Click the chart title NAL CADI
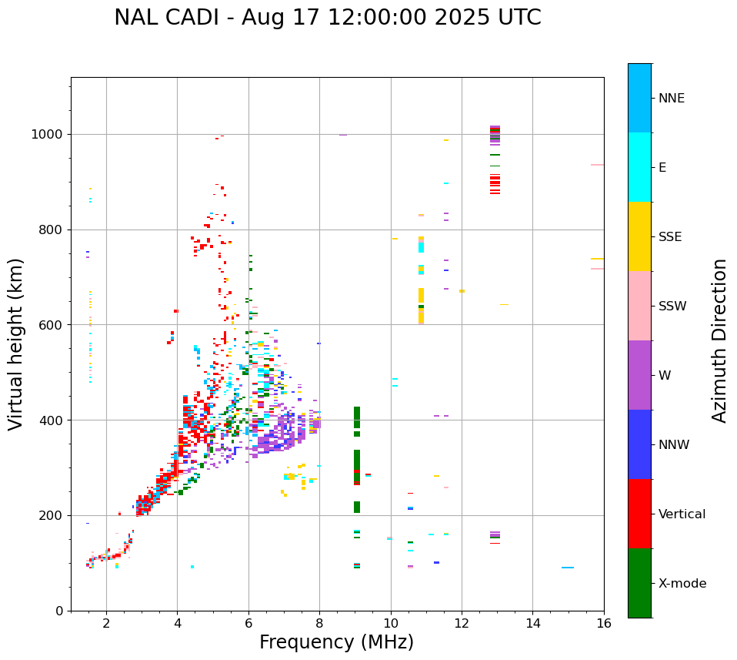coord(327,18)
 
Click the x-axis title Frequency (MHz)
coord(336,642)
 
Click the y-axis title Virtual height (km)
coord(16,344)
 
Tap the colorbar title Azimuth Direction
coord(719,340)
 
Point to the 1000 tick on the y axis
coord(51,135)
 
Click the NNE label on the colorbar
coord(671,99)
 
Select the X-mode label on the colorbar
coord(682,584)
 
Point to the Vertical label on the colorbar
coord(682,514)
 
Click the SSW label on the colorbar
coord(672,307)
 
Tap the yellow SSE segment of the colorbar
coord(639,236)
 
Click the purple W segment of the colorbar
coord(639,375)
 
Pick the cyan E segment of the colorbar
coord(639,167)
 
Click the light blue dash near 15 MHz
coord(568,568)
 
